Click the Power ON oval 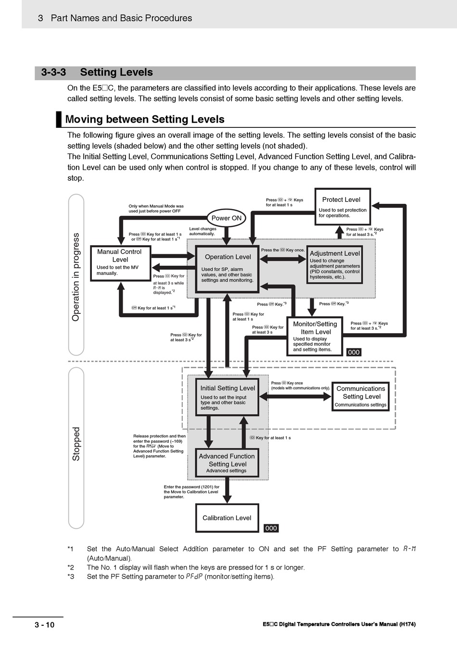[x=226, y=218]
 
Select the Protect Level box [x=343, y=207]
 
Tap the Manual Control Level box [x=120, y=262]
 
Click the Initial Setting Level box [x=228, y=397]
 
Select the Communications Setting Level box [x=361, y=397]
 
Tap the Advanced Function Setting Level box [x=227, y=463]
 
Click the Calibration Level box [x=227, y=518]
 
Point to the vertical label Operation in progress [x=76, y=277]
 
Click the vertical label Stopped [x=76, y=444]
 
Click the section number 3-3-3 [x=53, y=73]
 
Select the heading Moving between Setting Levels [x=145, y=120]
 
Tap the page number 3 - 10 [x=44, y=625]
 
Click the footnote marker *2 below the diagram [x=71, y=568]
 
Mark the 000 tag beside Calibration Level [x=271, y=528]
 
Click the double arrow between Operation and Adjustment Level [x=283, y=259]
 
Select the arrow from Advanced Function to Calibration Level [x=228, y=491]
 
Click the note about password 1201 [x=191, y=492]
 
